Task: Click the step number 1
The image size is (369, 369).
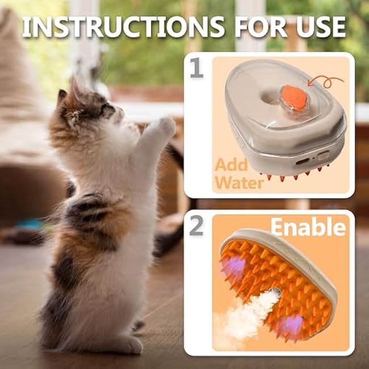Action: click(196, 68)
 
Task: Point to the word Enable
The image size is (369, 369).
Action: click(308, 227)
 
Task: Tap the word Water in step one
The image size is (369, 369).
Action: click(240, 182)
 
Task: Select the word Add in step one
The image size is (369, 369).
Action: click(231, 165)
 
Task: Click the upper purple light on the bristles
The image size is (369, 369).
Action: click(232, 267)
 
